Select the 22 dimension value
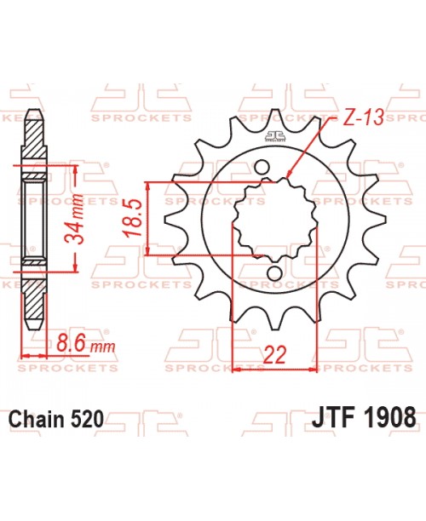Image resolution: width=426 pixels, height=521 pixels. [274, 353]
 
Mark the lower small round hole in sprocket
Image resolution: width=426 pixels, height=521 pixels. [274, 272]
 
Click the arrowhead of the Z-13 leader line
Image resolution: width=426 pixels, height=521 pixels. [291, 178]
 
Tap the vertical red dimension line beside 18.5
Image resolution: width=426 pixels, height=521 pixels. [150, 218]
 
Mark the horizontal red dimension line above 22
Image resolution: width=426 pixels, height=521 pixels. [274, 369]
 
